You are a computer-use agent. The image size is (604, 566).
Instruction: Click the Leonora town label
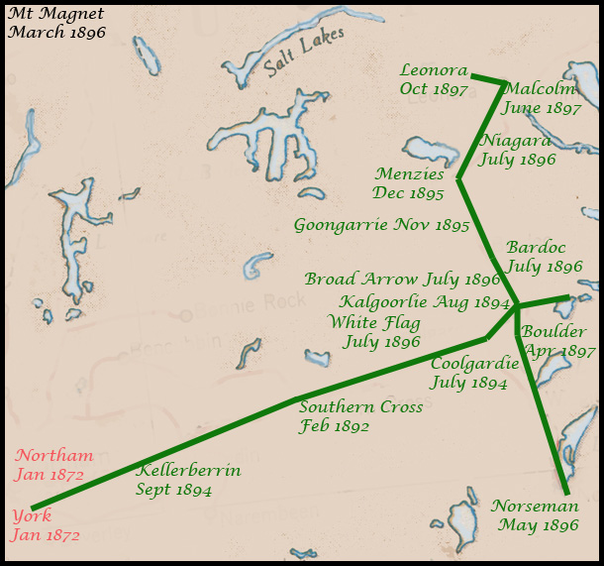tap(434, 70)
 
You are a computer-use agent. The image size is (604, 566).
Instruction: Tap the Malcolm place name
tap(539, 89)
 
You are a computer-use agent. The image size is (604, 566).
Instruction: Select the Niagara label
tap(515, 141)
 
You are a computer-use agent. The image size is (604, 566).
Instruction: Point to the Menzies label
tap(409, 174)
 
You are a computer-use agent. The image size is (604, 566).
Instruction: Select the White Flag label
tap(374, 323)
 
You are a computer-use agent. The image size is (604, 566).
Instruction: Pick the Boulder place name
tap(554, 332)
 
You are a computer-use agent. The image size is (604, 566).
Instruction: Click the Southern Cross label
tap(360, 407)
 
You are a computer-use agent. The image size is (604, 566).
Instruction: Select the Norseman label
tap(535, 506)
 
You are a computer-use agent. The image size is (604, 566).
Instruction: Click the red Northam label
tap(54, 456)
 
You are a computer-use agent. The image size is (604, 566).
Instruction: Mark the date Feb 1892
tap(334, 427)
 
